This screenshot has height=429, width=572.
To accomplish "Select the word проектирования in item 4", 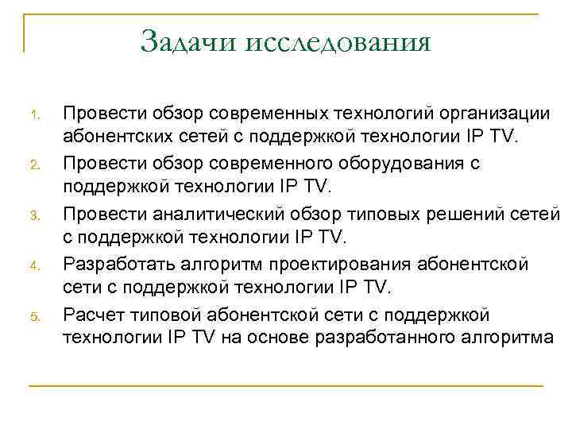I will pyautogui.click(x=337, y=263).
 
